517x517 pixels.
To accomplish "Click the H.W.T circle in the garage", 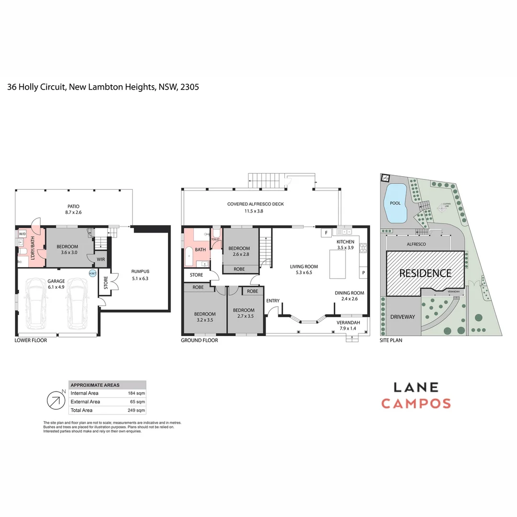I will tap(92, 273).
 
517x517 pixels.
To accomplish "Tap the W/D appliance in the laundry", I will tap(22, 234).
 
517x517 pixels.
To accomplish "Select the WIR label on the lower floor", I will tap(101, 259).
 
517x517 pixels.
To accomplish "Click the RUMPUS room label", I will tap(140, 271).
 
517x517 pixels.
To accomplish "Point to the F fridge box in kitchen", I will tap(326, 233).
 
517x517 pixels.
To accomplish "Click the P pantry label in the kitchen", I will tap(363, 273).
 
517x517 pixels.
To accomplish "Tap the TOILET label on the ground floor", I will tap(215, 239).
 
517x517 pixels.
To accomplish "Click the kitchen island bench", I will tap(337, 264).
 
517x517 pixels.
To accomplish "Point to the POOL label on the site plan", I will tap(395, 203).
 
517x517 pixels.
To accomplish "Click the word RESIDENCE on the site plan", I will tap(425, 273).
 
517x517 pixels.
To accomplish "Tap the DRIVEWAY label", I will tap(403, 317).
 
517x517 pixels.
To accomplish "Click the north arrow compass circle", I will tap(56, 401).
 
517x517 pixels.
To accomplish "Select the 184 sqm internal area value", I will tap(136, 393).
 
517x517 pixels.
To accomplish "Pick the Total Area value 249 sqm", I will tap(136, 410).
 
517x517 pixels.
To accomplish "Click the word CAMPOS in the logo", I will tap(416, 404).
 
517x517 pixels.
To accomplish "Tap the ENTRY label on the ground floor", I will tap(273, 301).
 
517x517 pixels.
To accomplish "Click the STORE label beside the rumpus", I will tap(105, 284).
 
